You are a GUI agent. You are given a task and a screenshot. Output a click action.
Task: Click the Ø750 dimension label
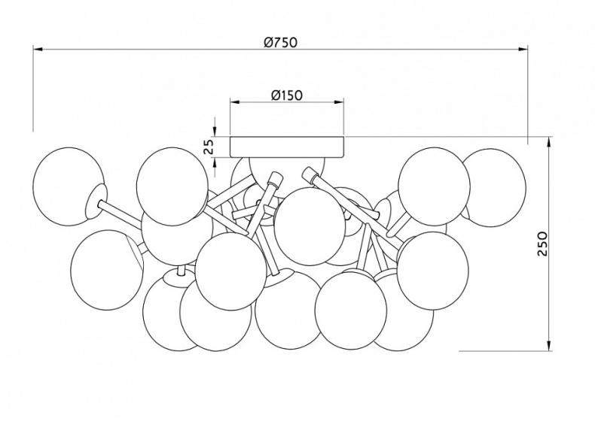(281, 42)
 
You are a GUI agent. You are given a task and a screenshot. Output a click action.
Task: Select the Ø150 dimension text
(287, 95)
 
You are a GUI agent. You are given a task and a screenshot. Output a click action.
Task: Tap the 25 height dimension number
(209, 147)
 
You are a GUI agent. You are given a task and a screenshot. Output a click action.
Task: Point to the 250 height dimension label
(543, 244)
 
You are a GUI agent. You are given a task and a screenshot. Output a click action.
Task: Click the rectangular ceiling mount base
(287, 147)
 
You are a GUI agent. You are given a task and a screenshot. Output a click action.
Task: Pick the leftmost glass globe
(68, 186)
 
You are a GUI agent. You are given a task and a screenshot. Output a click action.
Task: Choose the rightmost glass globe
(493, 188)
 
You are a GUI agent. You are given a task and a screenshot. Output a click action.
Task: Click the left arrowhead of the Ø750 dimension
(38, 50)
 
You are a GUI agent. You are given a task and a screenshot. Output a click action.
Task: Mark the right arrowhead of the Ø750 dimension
(523, 50)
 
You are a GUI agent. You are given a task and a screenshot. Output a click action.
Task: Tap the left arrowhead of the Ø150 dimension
(235, 102)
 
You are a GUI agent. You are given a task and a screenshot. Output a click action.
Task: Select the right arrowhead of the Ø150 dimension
(339, 102)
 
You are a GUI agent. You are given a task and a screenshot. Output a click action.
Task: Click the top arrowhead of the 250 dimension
(549, 142)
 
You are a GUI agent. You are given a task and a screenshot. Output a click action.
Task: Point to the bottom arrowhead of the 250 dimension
(549, 346)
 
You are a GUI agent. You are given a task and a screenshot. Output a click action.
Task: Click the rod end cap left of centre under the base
(275, 179)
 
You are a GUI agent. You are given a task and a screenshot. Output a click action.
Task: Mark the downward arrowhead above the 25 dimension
(215, 132)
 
